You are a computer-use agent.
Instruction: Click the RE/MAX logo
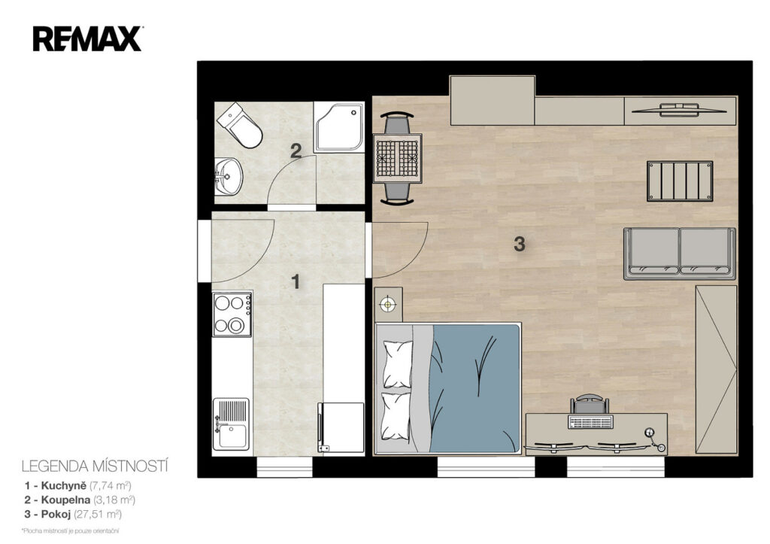(88, 39)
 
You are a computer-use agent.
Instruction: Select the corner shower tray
(339, 127)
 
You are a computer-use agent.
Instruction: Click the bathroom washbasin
(229, 176)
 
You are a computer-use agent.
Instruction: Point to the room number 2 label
(296, 151)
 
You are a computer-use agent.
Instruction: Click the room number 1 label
(295, 281)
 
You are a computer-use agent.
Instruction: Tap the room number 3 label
(519, 244)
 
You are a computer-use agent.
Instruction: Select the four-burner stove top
(232, 314)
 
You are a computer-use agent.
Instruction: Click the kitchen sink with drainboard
(231, 424)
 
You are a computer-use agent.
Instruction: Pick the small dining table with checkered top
(397, 158)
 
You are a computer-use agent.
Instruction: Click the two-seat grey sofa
(680, 254)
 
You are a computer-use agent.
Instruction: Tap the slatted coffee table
(680, 181)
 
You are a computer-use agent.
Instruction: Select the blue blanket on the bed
(474, 388)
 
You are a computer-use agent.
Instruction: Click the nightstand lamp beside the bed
(389, 304)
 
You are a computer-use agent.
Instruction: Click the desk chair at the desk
(590, 405)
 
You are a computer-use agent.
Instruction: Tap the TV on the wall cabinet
(680, 110)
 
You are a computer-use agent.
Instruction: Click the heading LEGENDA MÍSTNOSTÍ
(95, 466)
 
